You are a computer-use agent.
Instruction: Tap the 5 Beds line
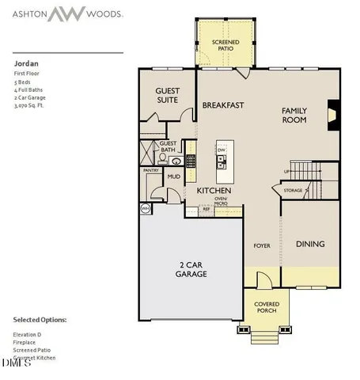pyautogui.click(x=21, y=81)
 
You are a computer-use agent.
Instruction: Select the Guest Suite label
pyautogui.click(x=167, y=95)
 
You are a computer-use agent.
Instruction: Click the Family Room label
pyautogui.click(x=294, y=116)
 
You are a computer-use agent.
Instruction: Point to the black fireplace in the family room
pyautogui.click(x=332, y=113)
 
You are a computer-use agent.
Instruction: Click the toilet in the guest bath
pyautogui.click(x=161, y=158)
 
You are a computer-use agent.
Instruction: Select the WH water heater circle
pyautogui.click(x=145, y=208)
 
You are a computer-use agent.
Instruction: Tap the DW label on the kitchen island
pyautogui.click(x=222, y=150)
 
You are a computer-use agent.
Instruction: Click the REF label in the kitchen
pyautogui.click(x=206, y=210)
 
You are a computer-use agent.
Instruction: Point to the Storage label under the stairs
pyautogui.click(x=293, y=190)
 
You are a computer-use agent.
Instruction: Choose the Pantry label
pyautogui.click(x=151, y=170)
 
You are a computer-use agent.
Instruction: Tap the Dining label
pyautogui.click(x=310, y=244)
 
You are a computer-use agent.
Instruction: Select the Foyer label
pyautogui.click(x=261, y=245)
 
